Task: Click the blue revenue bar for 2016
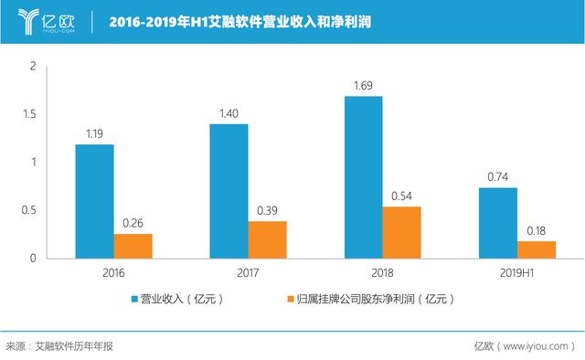[94, 201]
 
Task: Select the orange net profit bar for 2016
[133, 246]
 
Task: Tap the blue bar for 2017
[229, 191]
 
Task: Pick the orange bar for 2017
[267, 239]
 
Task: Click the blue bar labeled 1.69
[363, 177]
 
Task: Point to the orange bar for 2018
[401, 232]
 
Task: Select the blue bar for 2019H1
[497, 223]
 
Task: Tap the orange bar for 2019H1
[537, 249]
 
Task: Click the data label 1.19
[94, 134]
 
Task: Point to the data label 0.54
[401, 196]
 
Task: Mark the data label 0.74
[497, 177]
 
